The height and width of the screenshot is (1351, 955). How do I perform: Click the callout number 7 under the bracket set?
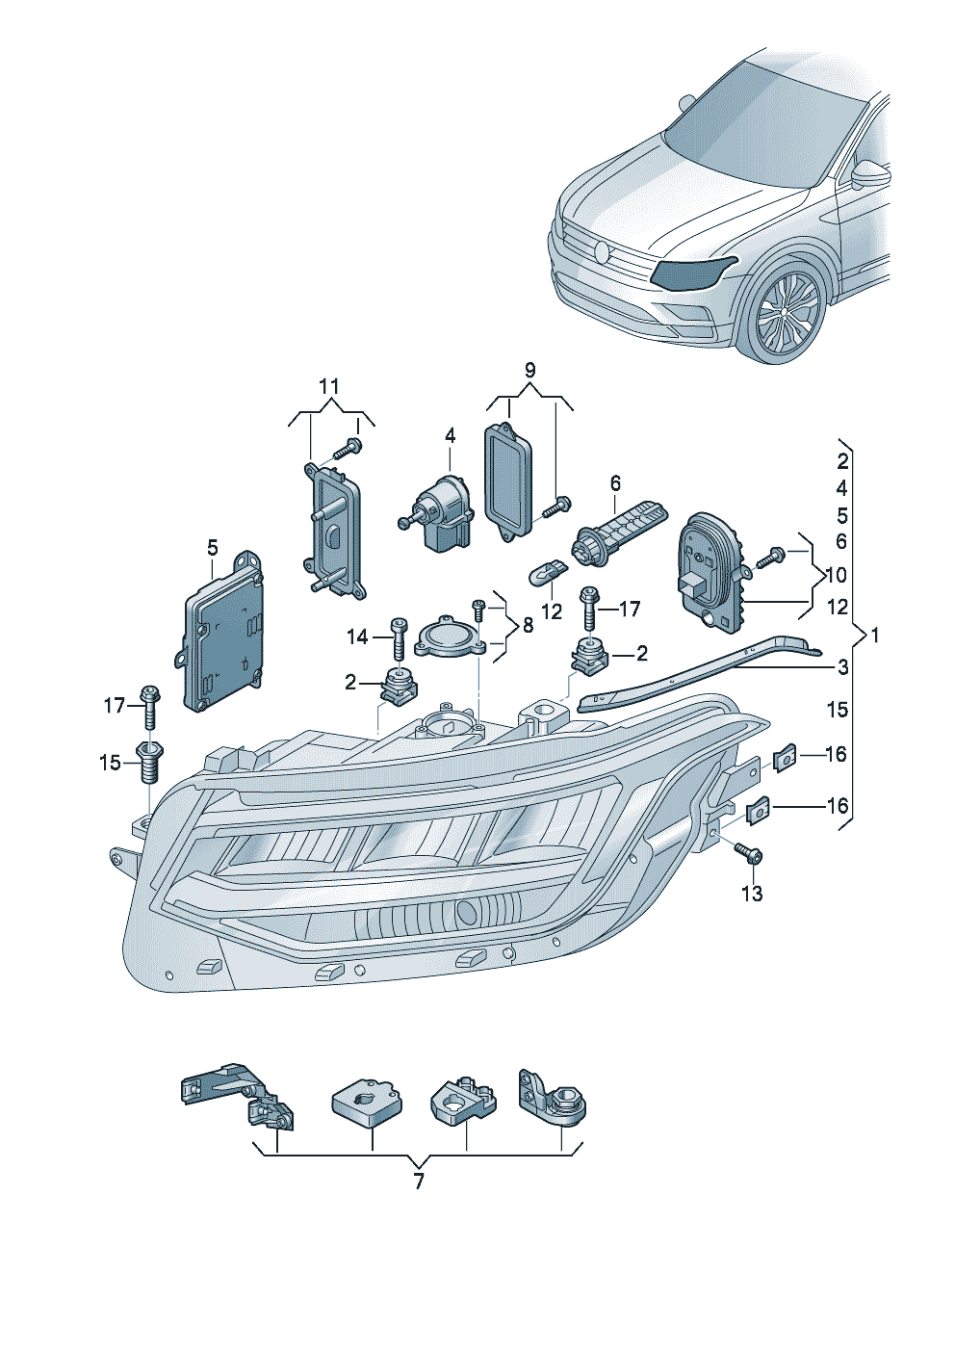419,1181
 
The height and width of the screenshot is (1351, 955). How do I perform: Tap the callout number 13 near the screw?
751,894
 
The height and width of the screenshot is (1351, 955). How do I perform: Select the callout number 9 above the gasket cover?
529,371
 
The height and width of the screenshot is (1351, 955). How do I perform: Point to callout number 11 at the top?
329,387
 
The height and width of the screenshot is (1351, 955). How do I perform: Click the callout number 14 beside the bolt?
357,637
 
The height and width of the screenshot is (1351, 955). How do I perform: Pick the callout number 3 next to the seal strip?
842,666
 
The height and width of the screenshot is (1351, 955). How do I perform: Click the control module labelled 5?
223,640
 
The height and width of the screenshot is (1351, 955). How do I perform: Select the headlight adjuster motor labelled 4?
438,510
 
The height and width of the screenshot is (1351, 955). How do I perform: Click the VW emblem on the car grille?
603,253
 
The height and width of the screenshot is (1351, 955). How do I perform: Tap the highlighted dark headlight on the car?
691,274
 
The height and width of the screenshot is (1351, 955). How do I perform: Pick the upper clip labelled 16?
785,760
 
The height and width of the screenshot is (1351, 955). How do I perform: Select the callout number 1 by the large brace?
874,636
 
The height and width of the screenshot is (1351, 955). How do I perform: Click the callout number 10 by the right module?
837,575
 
